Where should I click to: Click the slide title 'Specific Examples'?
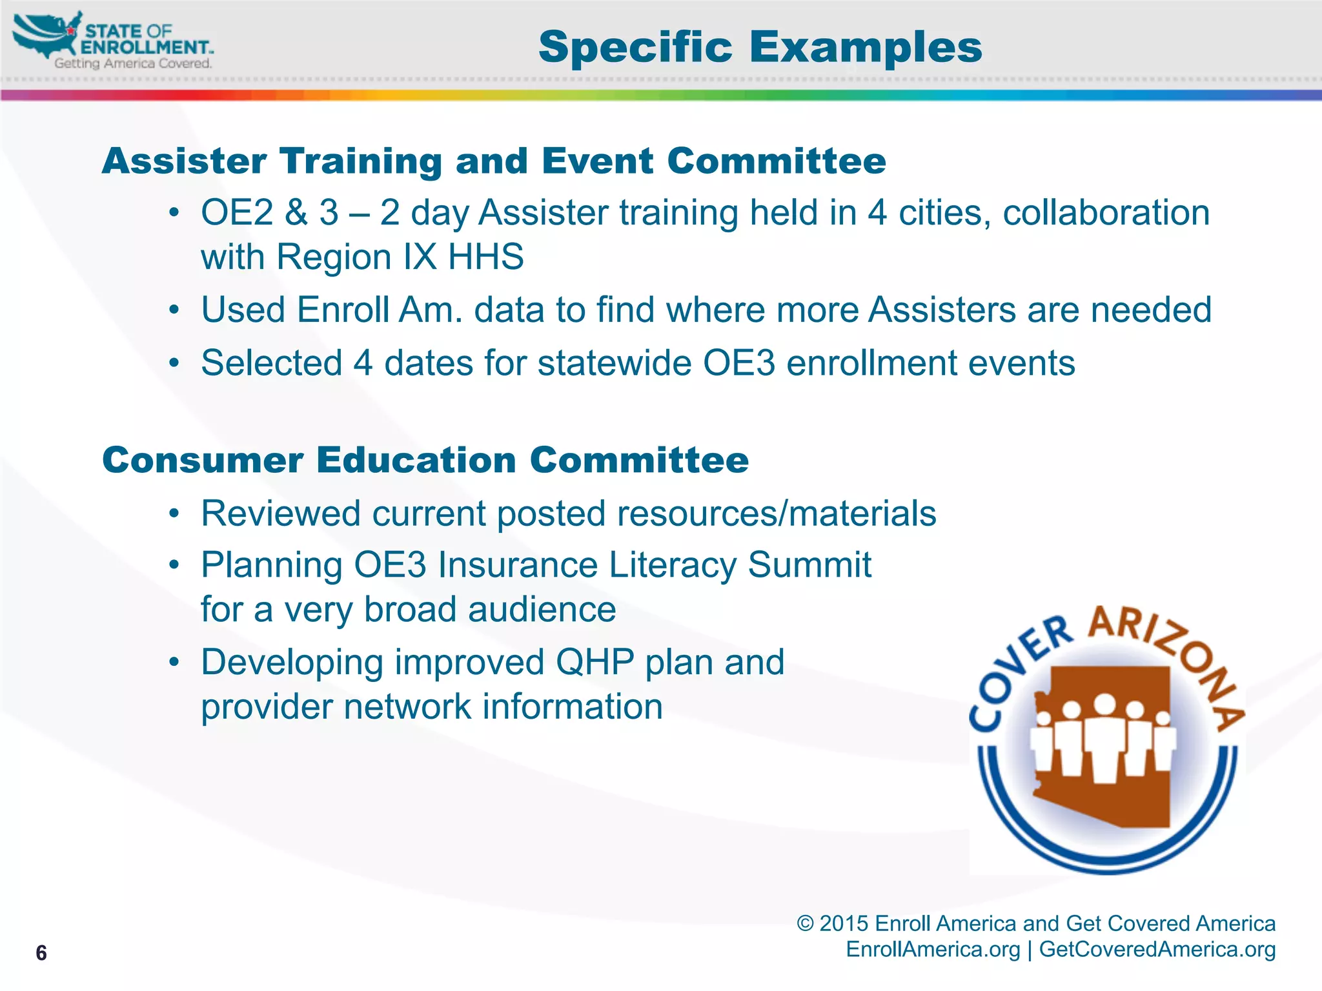(760, 47)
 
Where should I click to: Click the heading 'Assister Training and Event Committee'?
(494, 161)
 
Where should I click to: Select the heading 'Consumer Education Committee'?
(425, 460)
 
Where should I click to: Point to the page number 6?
(41, 953)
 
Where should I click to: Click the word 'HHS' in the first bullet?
(485, 257)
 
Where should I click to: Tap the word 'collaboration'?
(1106, 213)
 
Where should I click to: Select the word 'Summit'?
(809, 565)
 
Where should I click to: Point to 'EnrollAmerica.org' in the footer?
(933, 950)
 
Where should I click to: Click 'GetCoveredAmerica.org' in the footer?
(1157, 950)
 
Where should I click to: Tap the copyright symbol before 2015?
(805, 924)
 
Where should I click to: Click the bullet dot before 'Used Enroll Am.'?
(174, 310)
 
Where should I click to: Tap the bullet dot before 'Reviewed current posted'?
(174, 514)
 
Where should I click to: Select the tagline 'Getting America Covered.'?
(132, 63)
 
